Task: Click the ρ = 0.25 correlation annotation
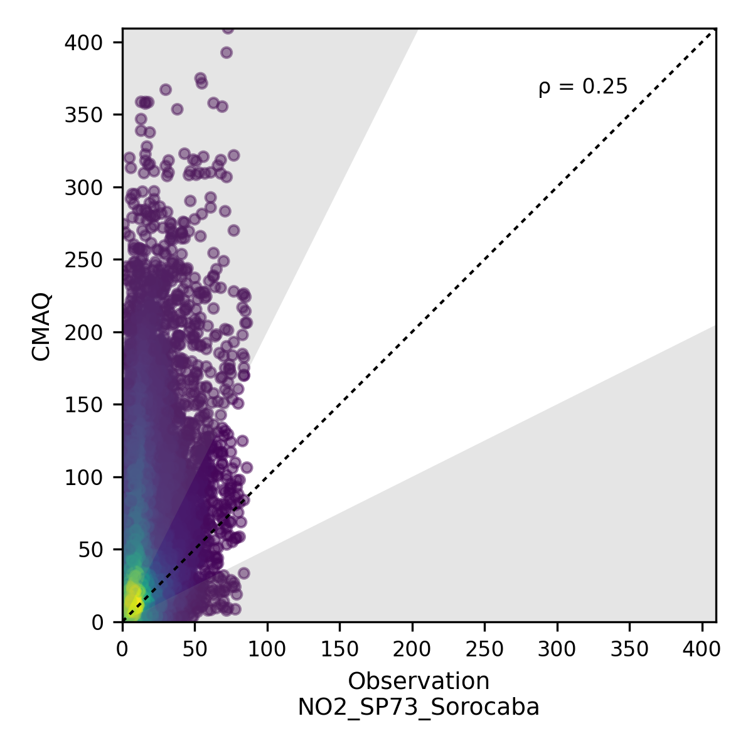coord(583,87)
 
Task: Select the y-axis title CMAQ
coord(41,326)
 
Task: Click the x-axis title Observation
coord(419,681)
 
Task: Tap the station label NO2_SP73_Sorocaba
coord(419,707)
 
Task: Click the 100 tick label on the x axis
coord(267,649)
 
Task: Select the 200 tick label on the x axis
coord(412,649)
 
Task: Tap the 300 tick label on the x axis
coord(557,649)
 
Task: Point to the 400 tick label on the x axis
coord(702,649)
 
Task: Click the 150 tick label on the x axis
coord(339,649)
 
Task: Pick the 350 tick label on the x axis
coord(629,649)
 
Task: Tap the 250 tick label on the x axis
coord(484,649)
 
